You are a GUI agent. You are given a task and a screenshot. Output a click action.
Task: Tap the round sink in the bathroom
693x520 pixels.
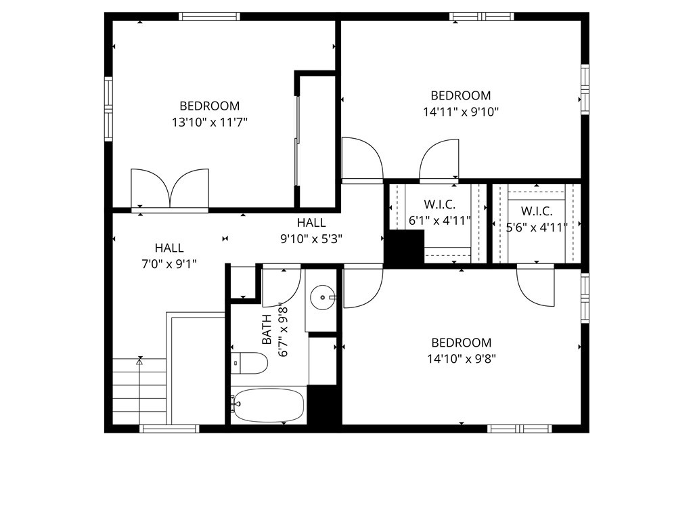point(321,296)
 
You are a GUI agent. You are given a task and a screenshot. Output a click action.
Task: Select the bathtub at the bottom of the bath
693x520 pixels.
point(268,406)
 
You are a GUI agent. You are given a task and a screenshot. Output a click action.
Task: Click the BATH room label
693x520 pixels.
point(267,328)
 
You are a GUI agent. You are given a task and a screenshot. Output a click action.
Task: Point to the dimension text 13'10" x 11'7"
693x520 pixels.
point(209,123)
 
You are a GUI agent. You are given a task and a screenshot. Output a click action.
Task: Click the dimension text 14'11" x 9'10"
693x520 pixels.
point(461,112)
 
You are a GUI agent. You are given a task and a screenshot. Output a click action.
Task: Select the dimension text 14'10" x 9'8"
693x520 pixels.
point(462,360)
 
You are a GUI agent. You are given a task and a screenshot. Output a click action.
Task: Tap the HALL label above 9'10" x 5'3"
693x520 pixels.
point(311,223)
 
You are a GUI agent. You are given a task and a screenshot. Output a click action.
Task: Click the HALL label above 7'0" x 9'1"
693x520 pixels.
point(169,248)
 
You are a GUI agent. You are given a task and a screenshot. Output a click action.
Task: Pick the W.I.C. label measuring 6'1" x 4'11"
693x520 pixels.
point(439,204)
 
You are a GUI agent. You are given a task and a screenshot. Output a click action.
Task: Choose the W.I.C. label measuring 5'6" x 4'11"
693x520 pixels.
point(537,211)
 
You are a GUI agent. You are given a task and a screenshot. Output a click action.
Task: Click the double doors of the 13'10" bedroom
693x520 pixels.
point(170,188)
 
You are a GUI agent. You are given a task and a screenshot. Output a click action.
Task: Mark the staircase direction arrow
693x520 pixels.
point(140,362)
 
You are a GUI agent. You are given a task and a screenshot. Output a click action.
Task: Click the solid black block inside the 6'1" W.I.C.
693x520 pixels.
point(405,247)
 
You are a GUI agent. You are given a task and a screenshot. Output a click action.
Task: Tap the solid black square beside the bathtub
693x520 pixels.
point(323,404)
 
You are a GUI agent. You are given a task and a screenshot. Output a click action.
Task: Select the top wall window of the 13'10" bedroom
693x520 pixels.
point(209,16)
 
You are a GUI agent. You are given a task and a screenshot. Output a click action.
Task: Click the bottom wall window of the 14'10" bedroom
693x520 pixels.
point(519,429)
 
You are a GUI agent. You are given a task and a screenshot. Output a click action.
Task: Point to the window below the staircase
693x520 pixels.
point(169,429)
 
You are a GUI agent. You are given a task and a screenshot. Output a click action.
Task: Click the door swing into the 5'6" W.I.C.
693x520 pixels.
point(536,284)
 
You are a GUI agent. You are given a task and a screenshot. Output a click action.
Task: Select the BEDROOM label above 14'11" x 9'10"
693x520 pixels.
point(461,95)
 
